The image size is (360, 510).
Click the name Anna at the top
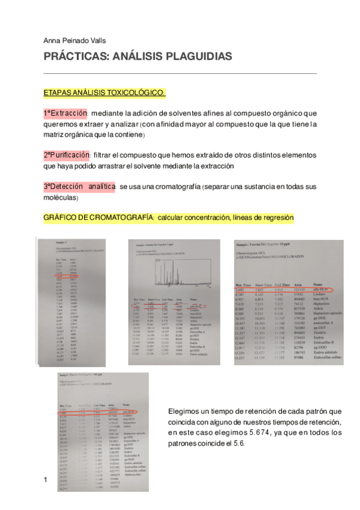coord(52,40)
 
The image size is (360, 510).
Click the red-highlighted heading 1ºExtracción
coord(65,114)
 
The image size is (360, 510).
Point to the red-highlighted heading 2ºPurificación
coord(66,155)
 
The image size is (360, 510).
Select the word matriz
coord(52,134)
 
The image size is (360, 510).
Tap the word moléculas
coord(59,197)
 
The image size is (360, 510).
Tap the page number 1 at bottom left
coord(45,479)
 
